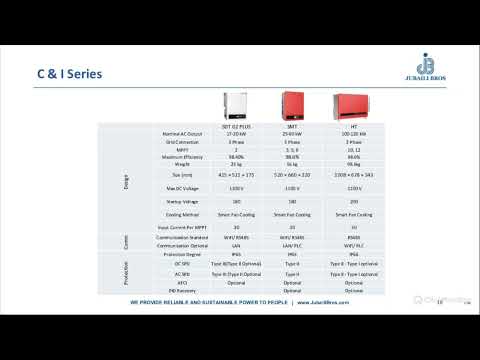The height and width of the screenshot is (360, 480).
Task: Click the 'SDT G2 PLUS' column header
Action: tap(237, 126)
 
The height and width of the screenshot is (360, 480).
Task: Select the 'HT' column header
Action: tap(353, 126)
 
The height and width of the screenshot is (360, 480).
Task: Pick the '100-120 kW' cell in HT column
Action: tap(353, 133)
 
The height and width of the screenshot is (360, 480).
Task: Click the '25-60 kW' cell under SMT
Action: tap(293, 133)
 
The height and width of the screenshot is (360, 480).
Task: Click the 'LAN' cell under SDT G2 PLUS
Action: tap(237, 244)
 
